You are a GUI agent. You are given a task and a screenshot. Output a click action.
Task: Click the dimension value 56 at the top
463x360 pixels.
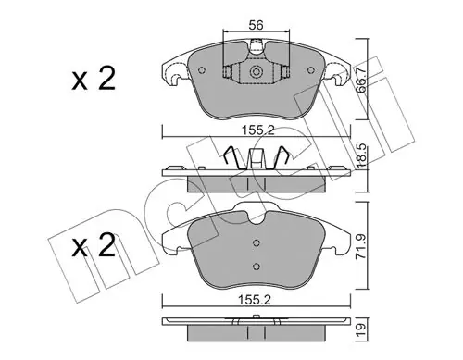(257, 25)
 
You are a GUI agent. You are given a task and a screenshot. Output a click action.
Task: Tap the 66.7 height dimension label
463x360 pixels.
(361, 81)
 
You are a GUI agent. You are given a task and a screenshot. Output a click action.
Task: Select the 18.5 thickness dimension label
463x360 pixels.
(361, 156)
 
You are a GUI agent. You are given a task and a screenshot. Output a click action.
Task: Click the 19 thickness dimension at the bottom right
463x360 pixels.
(361, 329)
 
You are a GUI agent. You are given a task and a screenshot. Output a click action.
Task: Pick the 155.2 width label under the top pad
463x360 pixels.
(257, 130)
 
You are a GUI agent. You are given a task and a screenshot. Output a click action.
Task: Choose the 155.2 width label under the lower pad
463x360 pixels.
(255, 300)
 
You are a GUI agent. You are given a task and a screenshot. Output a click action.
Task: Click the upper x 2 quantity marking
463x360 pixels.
(94, 79)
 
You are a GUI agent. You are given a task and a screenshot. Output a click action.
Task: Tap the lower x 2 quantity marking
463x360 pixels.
(94, 245)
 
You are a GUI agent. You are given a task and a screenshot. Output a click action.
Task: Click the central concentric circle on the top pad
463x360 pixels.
(256, 72)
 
